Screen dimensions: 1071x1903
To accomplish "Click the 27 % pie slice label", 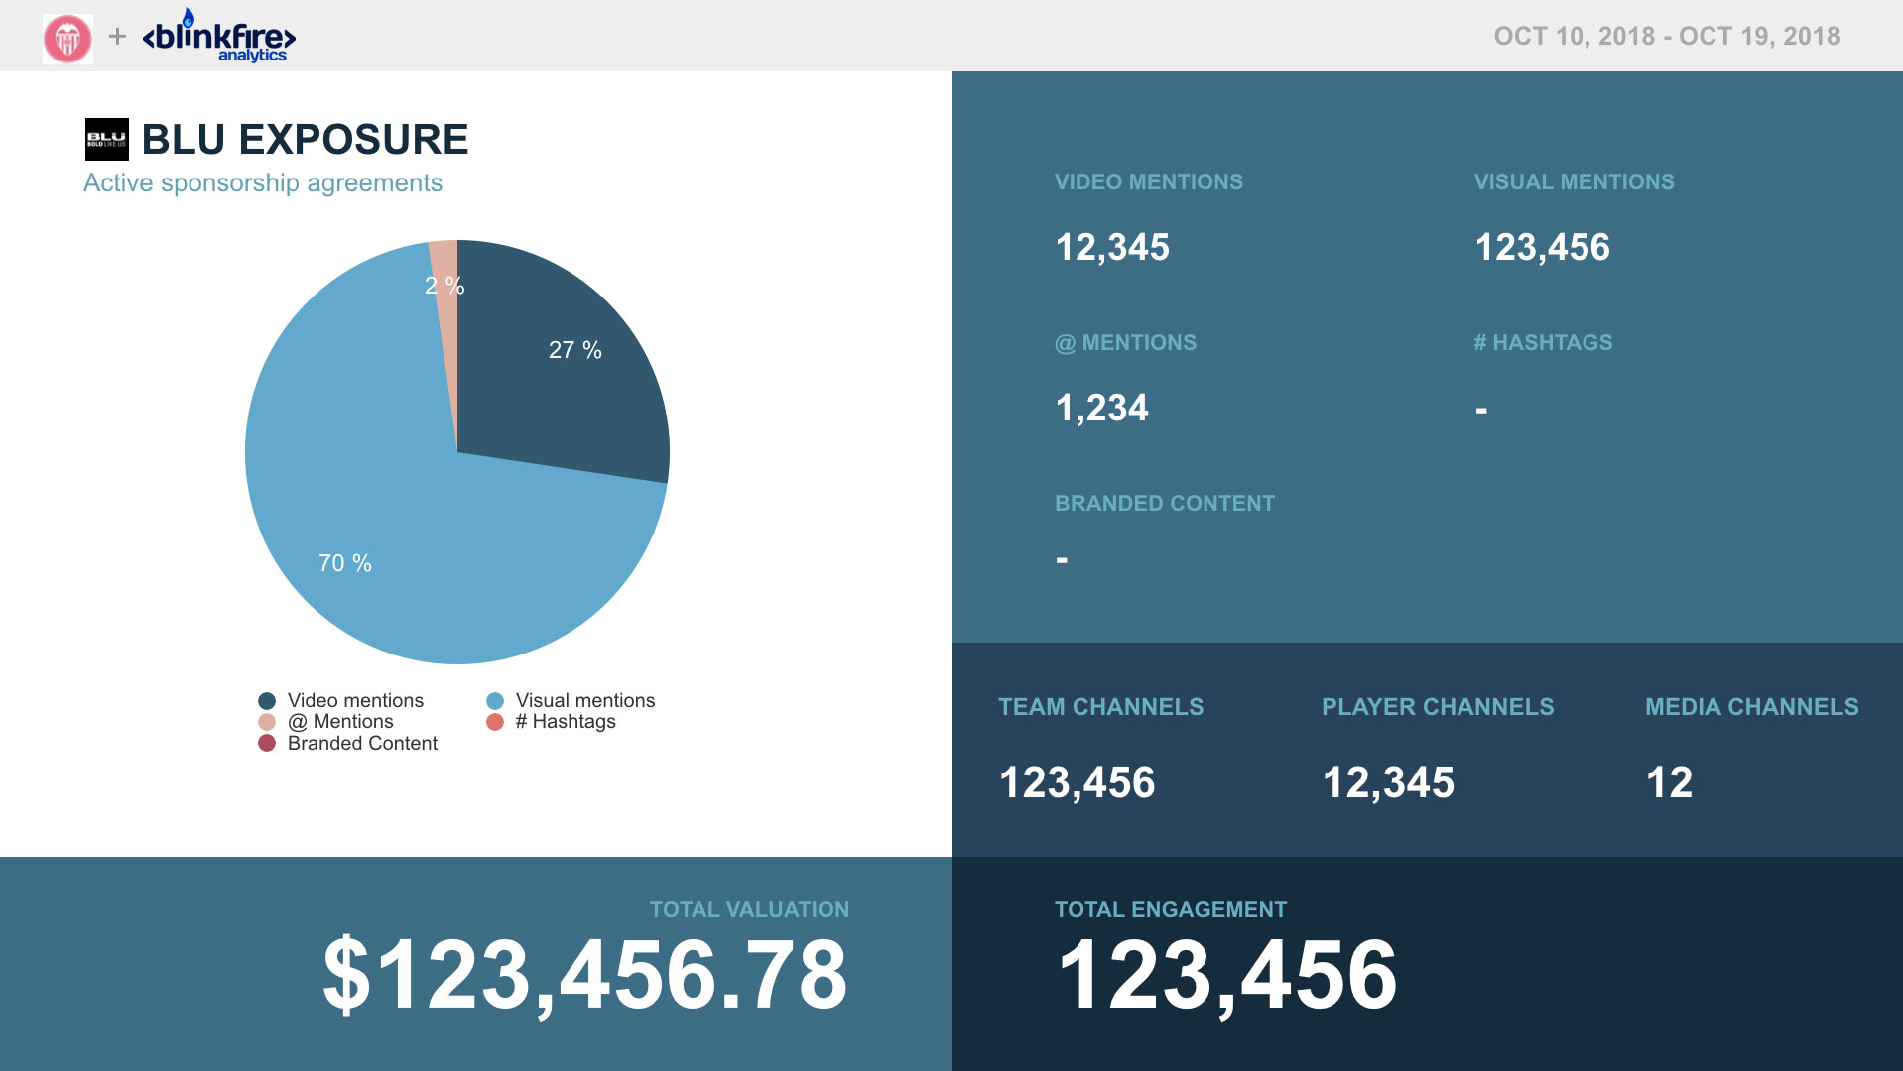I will (x=574, y=350).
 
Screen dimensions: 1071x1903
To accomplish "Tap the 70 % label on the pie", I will (x=344, y=563).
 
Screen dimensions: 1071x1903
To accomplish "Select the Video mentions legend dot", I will (x=267, y=701).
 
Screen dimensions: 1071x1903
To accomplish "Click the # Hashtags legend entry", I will (x=565, y=722).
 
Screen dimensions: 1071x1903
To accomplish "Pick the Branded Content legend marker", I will (x=267, y=744).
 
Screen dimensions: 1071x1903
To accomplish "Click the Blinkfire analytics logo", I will (x=219, y=38).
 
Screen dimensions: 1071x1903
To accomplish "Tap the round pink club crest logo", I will (x=67, y=39).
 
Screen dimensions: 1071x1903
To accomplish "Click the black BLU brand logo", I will (x=106, y=139).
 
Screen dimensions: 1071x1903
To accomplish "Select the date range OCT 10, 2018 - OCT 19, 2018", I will (x=1666, y=37).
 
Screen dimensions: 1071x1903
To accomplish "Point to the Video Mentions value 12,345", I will (x=1112, y=247).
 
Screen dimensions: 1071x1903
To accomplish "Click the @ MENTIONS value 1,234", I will (x=1101, y=408).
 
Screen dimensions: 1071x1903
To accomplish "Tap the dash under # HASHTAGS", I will (x=1481, y=410).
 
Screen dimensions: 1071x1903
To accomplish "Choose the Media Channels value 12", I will (x=1669, y=782).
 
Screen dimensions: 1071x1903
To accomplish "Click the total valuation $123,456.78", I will (x=585, y=976).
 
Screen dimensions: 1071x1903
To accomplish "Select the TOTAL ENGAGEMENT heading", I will (x=1170, y=909).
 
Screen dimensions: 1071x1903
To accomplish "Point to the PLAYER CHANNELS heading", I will (x=1437, y=707).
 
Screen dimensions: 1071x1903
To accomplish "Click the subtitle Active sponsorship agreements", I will (x=263, y=183).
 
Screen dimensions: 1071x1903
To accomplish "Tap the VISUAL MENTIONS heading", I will (x=1574, y=182).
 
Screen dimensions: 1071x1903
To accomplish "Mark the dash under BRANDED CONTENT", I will (x=1062, y=560).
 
